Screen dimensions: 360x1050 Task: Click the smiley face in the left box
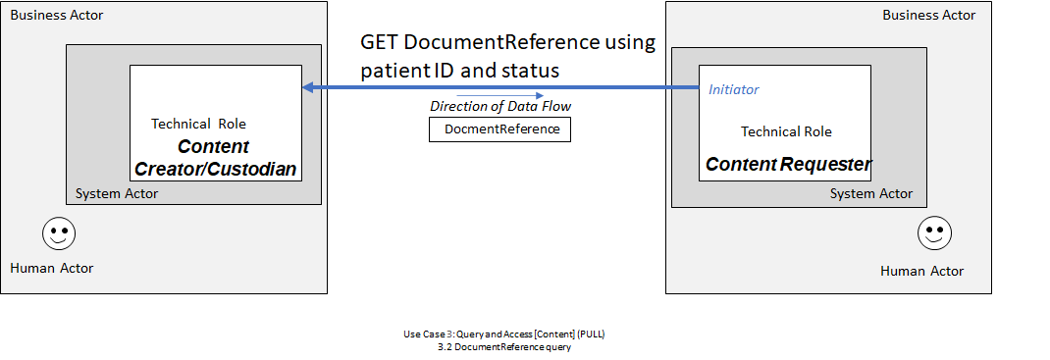(x=59, y=234)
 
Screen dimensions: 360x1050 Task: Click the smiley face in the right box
(x=934, y=233)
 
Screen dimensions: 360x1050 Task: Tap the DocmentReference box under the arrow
(x=500, y=129)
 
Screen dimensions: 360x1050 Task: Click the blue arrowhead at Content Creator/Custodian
(x=308, y=88)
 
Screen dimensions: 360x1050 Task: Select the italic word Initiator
(x=733, y=89)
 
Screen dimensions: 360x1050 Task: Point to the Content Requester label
(x=788, y=164)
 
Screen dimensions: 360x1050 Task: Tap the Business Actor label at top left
(x=56, y=16)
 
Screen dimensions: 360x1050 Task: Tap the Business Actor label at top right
(x=928, y=16)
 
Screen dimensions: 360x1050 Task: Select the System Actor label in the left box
(x=117, y=193)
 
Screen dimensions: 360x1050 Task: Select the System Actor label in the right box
(x=870, y=193)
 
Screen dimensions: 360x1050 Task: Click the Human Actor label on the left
(x=51, y=268)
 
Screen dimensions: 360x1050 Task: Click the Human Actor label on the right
(x=921, y=271)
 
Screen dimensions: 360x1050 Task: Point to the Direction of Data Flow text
(x=500, y=106)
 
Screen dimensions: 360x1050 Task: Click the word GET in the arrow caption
(x=380, y=43)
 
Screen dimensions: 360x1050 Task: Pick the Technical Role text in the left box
(x=198, y=124)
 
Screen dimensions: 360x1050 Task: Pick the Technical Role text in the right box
(x=786, y=131)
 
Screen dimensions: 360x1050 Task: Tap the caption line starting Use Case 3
(x=510, y=334)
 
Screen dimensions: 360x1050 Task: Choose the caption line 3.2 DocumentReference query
(x=504, y=345)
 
